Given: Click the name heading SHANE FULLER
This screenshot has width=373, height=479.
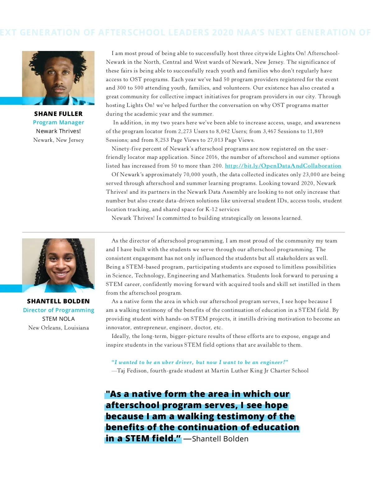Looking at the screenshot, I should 58,114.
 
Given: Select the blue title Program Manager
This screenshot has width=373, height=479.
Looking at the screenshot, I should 58,122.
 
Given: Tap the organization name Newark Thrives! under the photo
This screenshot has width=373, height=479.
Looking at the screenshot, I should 58,131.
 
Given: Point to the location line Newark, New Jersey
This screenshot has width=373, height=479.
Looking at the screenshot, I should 58,140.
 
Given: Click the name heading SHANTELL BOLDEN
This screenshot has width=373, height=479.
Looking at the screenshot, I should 58,301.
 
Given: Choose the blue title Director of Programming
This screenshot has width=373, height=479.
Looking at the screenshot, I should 58,310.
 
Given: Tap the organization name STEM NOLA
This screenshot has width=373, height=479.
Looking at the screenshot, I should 58,319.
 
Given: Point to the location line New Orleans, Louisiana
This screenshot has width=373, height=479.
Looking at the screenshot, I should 58,328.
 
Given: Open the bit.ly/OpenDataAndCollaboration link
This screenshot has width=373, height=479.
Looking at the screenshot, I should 283,166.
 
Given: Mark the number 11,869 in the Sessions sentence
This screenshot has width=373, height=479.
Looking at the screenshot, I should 315,131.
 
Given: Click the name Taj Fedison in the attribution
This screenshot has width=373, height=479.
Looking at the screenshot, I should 132,371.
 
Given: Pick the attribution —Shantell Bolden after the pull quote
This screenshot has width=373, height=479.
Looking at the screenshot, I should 216,439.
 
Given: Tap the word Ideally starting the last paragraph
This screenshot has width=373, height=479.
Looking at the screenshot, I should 121,336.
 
